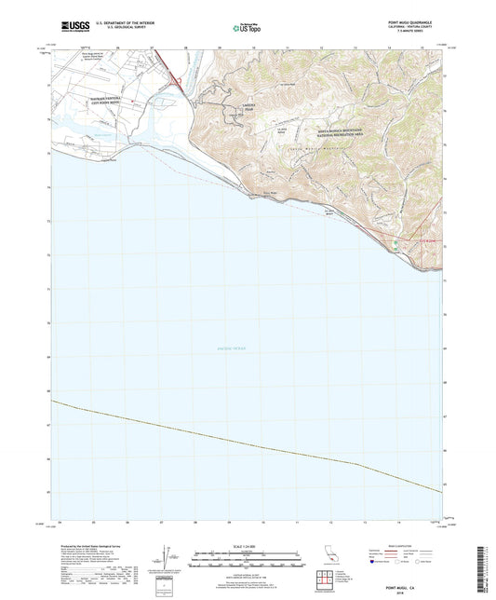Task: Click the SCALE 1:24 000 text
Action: point(247,546)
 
